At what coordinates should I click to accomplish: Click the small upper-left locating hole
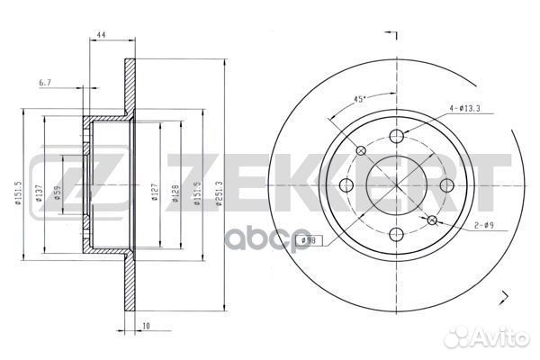pyautogui.click(x=361, y=151)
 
